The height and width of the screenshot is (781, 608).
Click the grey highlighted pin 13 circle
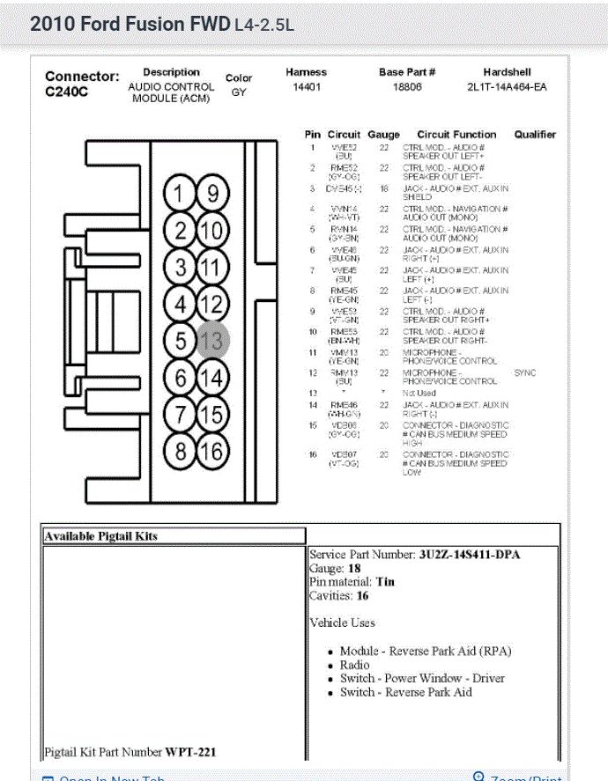[212, 340]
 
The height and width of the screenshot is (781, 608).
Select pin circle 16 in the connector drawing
[212, 452]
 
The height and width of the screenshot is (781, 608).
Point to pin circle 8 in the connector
[181, 452]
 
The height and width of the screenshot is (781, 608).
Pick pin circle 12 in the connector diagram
[212, 305]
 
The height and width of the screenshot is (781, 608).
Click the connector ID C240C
[67, 92]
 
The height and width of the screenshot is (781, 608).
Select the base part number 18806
[407, 87]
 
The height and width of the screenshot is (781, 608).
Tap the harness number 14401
[306, 87]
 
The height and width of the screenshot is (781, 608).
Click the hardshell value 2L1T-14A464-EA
[507, 87]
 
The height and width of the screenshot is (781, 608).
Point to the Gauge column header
[383, 135]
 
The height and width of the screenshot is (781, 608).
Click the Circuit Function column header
[456, 135]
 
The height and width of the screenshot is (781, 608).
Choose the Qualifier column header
[535, 135]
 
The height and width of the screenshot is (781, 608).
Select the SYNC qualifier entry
[525, 372]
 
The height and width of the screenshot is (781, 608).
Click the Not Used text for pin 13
[419, 393]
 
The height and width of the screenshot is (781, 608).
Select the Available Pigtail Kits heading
[101, 535]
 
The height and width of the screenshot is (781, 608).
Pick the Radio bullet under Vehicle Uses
[355, 665]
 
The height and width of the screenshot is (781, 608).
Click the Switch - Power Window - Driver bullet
[422, 678]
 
